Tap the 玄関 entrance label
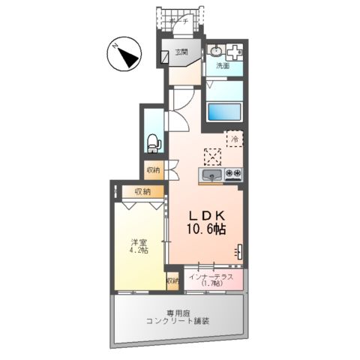181,52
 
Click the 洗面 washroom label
223,66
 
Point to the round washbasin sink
216,51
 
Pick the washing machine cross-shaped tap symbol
235,52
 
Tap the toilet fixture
152,140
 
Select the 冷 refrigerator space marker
235,139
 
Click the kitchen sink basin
211,177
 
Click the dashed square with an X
213,155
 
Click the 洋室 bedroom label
137,241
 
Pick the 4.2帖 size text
137,250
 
